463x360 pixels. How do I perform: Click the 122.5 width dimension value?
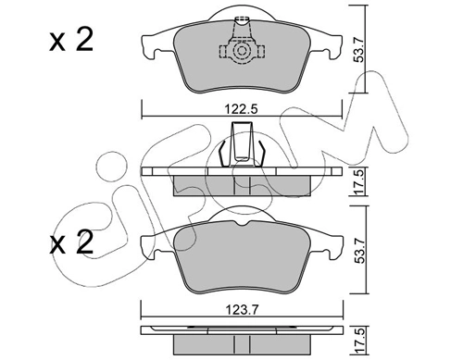(241, 109)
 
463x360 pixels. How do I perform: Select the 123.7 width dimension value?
(242, 309)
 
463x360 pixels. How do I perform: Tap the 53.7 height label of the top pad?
(359, 49)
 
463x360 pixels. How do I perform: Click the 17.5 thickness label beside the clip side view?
(359, 181)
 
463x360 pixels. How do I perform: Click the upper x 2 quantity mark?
(71, 41)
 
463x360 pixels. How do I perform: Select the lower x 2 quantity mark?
(71, 243)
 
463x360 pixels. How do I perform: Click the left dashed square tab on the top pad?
(223, 51)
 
